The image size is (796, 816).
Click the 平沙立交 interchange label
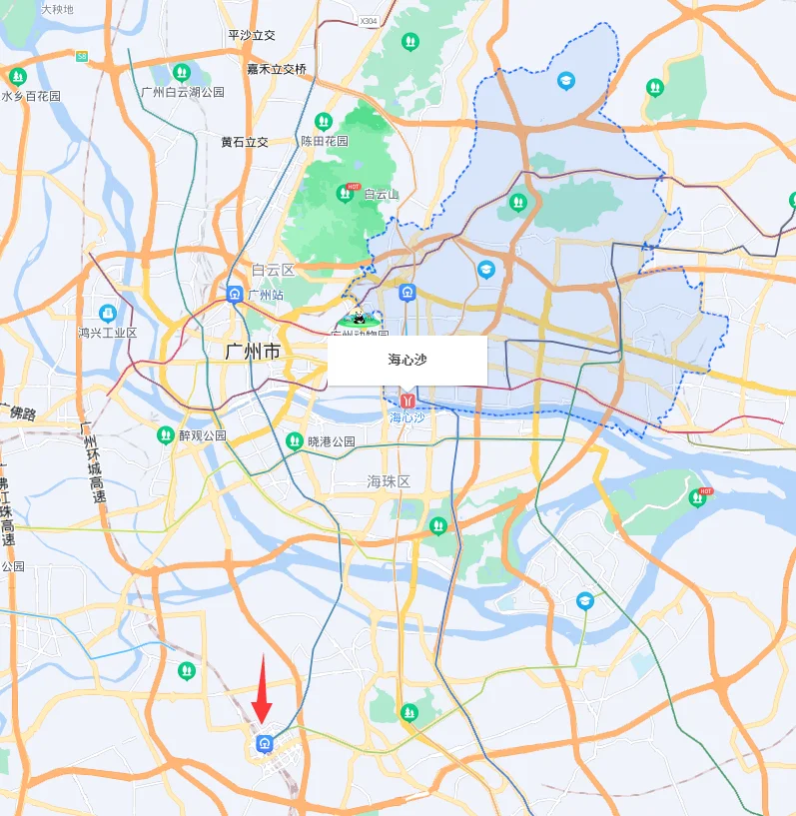(x=252, y=35)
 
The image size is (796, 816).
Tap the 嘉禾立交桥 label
(x=277, y=69)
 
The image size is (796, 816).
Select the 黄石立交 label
(x=245, y=142)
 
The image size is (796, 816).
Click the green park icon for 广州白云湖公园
(x=181, y=73)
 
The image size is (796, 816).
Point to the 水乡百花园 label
(x=31, y=96)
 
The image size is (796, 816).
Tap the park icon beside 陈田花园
(x=322, y=121)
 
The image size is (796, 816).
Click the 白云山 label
(x=381, y=194)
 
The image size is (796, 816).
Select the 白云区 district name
(x=273, y=270)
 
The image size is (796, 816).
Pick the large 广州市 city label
(x=253, y=352)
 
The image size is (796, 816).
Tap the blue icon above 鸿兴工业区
(x=108, y=313)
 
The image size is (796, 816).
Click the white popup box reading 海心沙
(x=407, y=360)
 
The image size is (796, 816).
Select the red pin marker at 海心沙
(x=406, y=400)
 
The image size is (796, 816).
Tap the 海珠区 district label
(x=389, y=481)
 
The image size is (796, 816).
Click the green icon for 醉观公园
(x=166, y=435)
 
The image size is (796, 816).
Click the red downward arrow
(x=263, y=688)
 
